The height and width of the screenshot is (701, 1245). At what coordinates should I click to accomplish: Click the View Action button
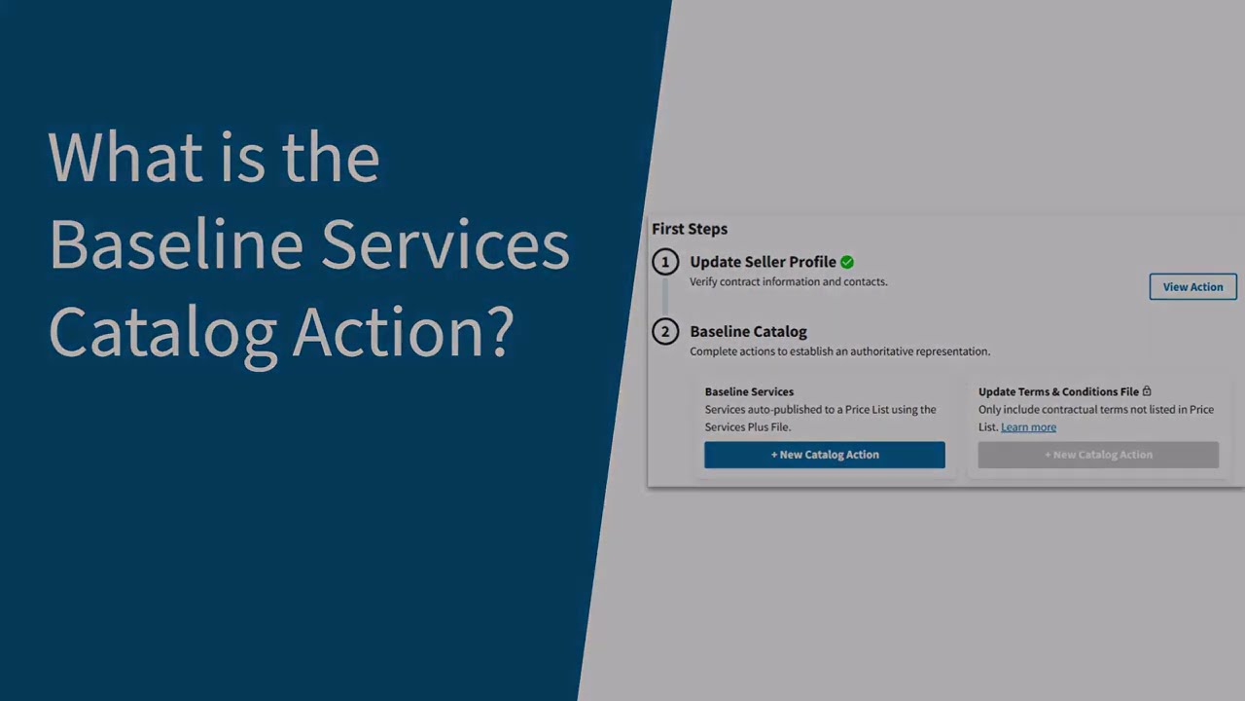(x=1192, y=286)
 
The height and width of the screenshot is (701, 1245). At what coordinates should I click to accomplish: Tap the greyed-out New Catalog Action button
(x=1098, y=455)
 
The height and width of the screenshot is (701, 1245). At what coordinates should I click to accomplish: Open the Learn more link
(x=1028, y=427)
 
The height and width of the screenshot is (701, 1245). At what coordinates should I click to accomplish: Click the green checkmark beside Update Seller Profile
(x=847, y=262)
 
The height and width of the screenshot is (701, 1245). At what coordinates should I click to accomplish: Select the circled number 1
(x=665, y=262)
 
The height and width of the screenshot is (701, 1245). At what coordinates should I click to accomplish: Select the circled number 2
(x=665, y=332)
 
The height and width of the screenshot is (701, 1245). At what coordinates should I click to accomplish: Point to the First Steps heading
(x=690, y=229)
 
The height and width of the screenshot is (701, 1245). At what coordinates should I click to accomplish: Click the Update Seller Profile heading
(x=763, y=262)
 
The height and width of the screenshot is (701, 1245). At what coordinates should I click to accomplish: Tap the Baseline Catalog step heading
(x=748, y=332)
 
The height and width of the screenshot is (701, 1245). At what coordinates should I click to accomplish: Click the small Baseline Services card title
(x=749, y=392)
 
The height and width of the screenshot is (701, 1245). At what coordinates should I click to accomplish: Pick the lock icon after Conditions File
(x=1147, y=391)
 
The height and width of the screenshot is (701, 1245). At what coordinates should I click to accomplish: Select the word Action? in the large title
(x=403, y=331)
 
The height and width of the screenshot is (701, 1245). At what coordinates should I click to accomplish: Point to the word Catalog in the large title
(x=162, y=333)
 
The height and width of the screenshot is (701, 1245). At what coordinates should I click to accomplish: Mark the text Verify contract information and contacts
(x=788, y=282)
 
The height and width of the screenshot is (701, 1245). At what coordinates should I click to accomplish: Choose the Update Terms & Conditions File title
(x=1058, y=392)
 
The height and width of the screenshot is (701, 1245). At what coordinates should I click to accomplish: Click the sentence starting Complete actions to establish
(x=839, y=351)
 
